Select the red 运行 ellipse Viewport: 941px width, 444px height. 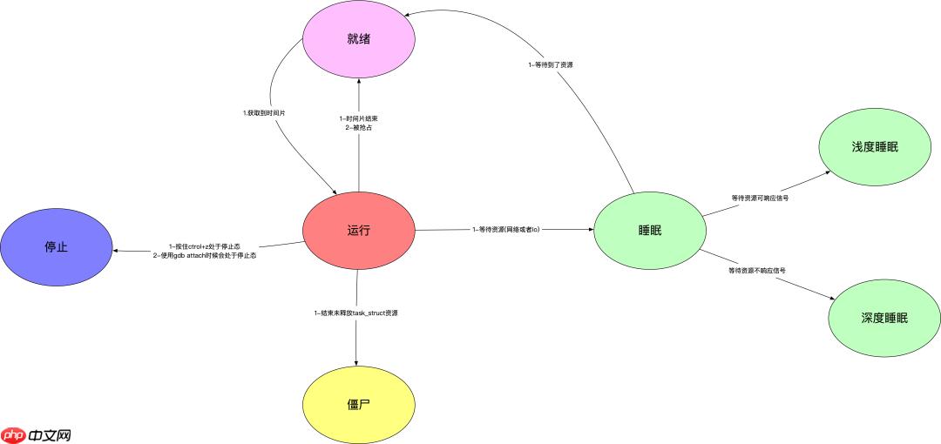tap(358, 230)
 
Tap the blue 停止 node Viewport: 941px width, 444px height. tap(56, 247)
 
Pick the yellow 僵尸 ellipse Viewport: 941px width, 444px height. tap(358, 405)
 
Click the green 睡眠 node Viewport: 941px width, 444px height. tap(649, 230)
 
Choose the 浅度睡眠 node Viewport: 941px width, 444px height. tap(874, 146)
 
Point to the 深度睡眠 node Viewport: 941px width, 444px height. tap(883, 318)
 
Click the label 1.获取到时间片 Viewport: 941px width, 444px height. tap(263, 112)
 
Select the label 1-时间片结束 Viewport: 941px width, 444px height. tap(359, 118)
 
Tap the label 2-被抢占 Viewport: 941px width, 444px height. tap(359, 128)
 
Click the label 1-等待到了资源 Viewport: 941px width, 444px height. tap(550, 65)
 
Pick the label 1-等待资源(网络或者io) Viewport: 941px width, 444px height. tap(506, 230)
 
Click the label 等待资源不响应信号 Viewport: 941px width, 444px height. tap(756, 271)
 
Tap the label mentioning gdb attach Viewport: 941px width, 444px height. tap(205, 256)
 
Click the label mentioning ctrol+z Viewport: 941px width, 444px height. tap(205, 246)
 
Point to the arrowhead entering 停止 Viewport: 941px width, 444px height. tap(117, 252)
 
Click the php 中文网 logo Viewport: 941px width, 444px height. tap(36, 433)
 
